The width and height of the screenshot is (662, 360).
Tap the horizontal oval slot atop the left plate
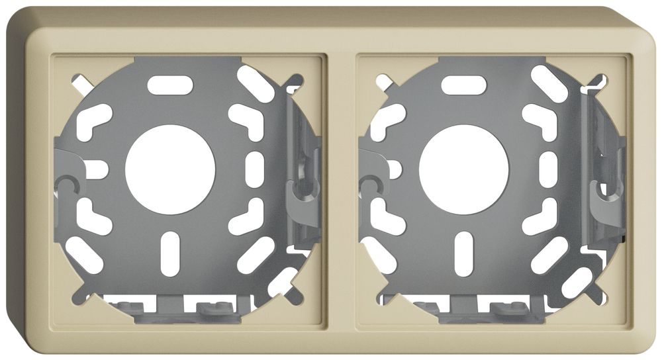(170, 85)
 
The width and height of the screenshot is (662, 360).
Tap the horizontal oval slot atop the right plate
(463, 85)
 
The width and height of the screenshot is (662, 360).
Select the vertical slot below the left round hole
(170, 253)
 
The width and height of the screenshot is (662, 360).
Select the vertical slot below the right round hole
(463, 253)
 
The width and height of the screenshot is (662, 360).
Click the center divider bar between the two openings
(341, 192)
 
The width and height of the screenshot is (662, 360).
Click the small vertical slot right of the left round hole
(255, 168)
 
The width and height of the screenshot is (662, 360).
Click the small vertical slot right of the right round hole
(548, 168)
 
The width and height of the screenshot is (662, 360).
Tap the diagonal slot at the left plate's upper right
(256, 83)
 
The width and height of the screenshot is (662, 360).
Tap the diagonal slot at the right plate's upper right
(549, 83)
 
